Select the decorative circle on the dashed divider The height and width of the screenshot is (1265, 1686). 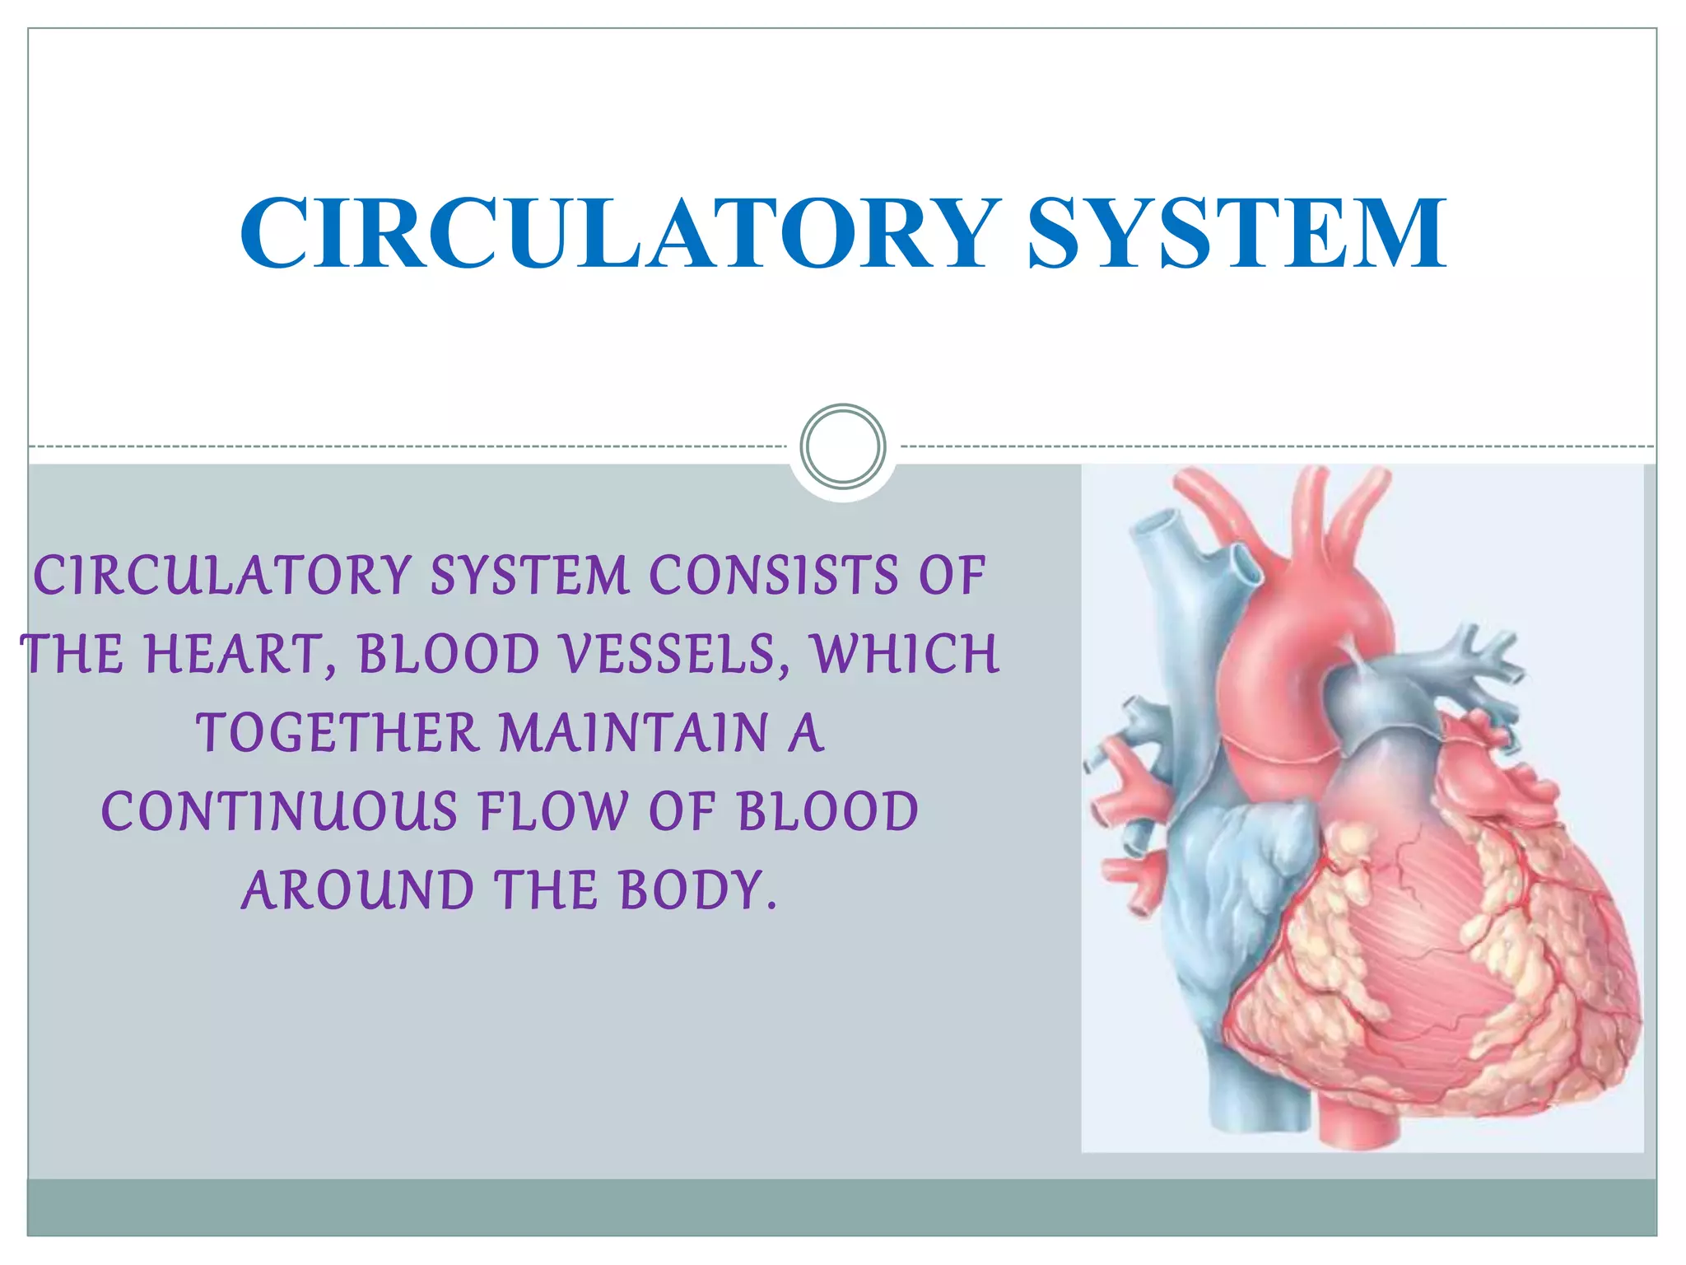(x=843, y=446)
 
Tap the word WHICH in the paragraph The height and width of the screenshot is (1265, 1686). (x=906, y=655)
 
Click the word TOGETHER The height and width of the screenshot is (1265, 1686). (x=338, y=733)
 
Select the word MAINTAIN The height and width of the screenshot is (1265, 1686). (x=634, y=733)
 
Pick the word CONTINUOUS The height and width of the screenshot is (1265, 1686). (x=280, y=812)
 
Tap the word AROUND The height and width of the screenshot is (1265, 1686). (x=358, y=891)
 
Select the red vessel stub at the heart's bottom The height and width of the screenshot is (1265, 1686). (x=1358, y=1124)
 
